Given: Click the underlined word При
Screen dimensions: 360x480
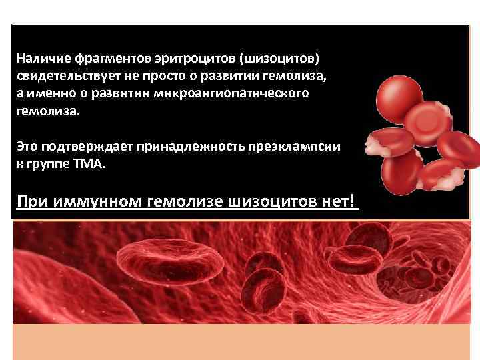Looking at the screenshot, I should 31,201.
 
